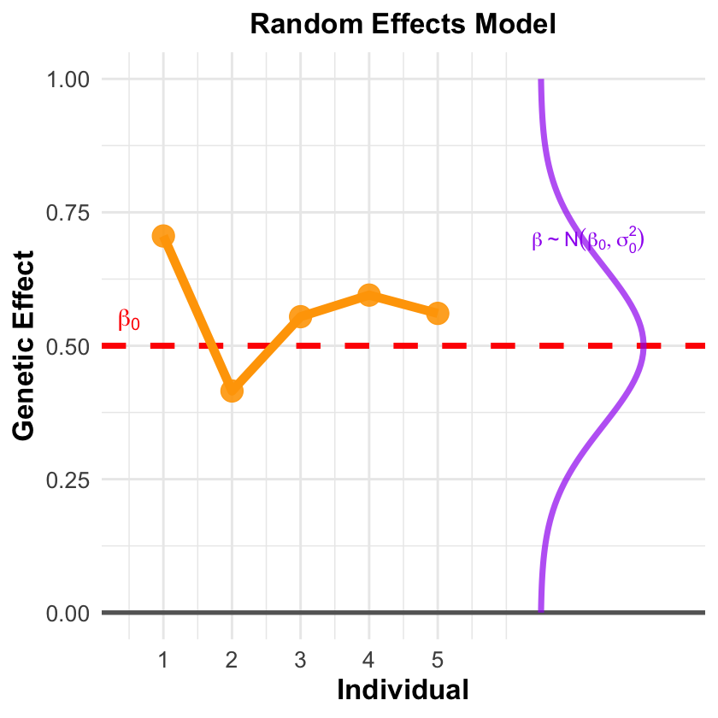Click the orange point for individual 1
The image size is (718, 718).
click(x=163, y=236)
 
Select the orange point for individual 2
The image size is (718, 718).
click(x=232, y=391)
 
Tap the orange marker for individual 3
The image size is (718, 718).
click(x=300, y=316)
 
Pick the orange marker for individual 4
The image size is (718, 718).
click(x=369, y=295)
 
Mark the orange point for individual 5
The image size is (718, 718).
click(x=438, y=313)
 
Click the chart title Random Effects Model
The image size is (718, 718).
click(x=403, y=25)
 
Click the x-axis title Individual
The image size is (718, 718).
click(x=403, y=689)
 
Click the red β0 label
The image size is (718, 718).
click(x=129, y=321)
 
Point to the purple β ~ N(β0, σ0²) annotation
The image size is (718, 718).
click(x=588, y=240)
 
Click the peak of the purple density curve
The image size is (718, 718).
click(x=644, y=346)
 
